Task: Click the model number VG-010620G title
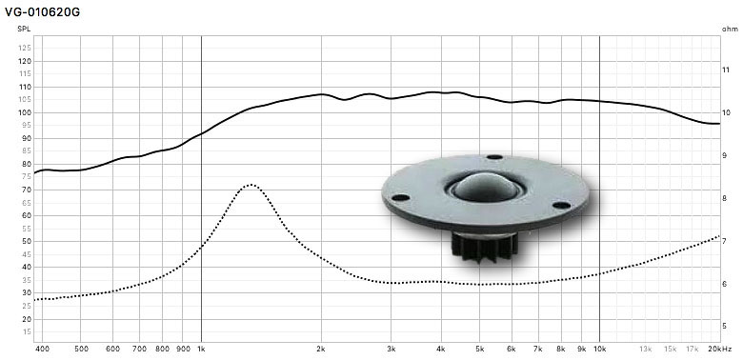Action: (43, 12)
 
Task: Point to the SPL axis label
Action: (23, 29)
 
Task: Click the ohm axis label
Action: (730, 29)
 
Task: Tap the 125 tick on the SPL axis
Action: (25, 49)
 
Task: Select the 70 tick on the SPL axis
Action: (25, 190)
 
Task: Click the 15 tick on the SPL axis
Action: (25, 331)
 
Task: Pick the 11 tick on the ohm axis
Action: (726, 70)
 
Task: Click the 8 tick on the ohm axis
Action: (724, 198)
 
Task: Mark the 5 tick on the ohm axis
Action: (724, 326)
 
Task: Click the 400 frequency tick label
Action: (43, 350)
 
